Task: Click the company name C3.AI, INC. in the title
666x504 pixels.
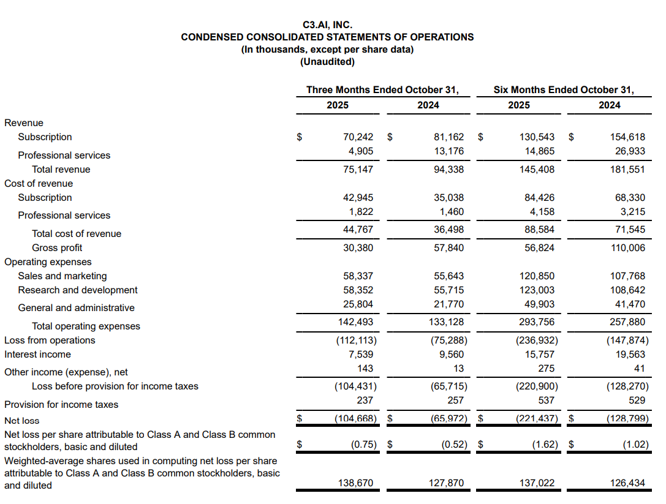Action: click(x=327, y=25)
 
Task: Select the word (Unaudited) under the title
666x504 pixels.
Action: click(x=327, y=62)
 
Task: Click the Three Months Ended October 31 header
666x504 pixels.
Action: click(x=382, y=90)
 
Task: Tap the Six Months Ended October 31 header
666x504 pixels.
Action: click(x=564, y=90)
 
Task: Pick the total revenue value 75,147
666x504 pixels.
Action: click(x=358, y=170)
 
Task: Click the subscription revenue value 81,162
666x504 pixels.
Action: click(x=448, y=137)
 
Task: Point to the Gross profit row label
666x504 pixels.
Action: click(x=57, y=248)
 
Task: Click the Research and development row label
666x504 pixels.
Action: click(x=78, y=290)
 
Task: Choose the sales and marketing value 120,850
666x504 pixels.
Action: click(x=537, y=276)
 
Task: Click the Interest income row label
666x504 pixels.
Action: click(x=37, y=355)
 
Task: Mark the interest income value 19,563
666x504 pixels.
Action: click(x=630, y=355)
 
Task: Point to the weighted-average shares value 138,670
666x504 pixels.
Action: click(x=355, y=483)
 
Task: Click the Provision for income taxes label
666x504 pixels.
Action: click(x=61, y=405)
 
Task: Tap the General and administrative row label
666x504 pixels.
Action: click(x=76, y=308)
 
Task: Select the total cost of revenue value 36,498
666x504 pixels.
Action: click(x=448, y=230)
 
